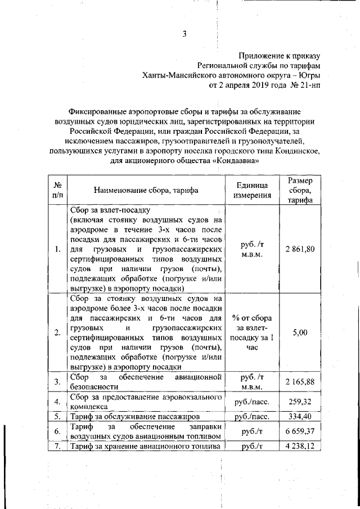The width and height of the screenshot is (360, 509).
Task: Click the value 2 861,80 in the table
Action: click(x=300, y=249)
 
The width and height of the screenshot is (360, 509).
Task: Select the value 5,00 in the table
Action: click(x=300, y=332)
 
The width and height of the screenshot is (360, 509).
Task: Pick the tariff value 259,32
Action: click(x=300, y=402)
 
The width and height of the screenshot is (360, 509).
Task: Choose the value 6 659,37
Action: click(x=300, y=431)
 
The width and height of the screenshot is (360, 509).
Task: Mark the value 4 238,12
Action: click(x=300, y=447)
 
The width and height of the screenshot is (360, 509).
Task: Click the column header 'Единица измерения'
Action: click(x=252, y=190)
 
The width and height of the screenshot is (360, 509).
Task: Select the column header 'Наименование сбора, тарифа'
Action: click(x=146, y=190)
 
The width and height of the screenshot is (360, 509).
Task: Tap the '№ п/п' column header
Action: click(x=57, y=190)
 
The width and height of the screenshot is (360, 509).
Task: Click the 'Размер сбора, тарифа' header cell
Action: click(x=300, y=191)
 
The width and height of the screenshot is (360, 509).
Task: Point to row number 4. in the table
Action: click(x=57, y=402)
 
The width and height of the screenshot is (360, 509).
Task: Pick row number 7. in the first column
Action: click(x=57, y=447)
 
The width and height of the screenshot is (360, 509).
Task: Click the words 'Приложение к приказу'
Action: click(x=280, y=56)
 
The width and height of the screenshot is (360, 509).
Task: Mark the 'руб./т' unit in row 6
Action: click(x=252, y=431)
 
